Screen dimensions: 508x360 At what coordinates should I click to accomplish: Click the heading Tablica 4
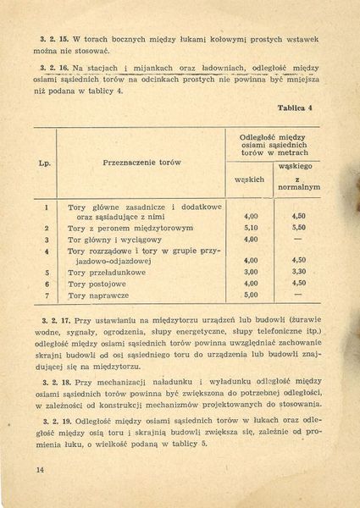point(296,109)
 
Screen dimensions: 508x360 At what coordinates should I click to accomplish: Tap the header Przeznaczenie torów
point(141,162)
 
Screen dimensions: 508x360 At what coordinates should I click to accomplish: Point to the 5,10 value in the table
point(250,228)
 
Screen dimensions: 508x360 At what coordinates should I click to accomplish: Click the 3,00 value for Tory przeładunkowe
point(250,272)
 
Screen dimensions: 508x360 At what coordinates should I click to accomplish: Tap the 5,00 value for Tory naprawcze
point(250,295)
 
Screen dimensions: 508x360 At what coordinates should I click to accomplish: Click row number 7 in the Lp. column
point(46,295)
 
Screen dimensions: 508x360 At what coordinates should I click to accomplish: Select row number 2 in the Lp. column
point(46,228)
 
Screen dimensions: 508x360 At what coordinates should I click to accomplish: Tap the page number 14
point(40,469)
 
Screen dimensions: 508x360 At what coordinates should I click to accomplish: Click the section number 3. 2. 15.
point(54,39)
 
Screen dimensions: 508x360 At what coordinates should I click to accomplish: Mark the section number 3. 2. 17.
point(54,318)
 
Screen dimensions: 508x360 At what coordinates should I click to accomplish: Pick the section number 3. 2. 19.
point(54,419)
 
